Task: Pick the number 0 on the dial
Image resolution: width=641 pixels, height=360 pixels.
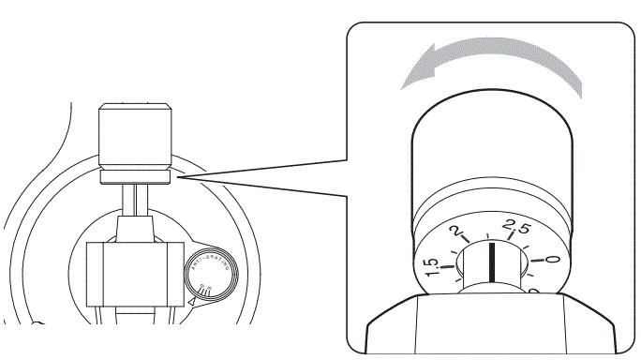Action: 551,261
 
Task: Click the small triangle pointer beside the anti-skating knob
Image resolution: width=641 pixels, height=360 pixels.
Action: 193,302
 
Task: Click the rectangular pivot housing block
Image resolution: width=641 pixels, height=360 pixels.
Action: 135,274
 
